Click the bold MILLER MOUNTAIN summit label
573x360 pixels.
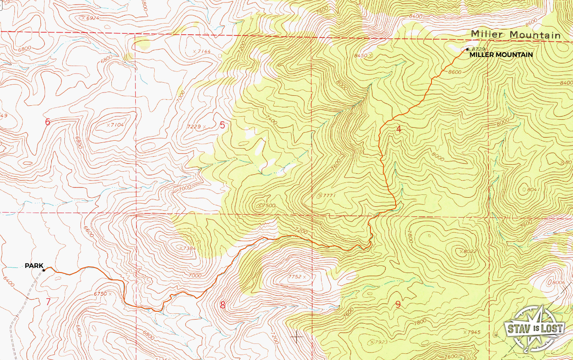501,54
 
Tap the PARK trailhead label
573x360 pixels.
34,266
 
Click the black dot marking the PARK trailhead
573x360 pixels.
44,270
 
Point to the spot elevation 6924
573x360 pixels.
92,18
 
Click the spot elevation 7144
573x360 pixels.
203,52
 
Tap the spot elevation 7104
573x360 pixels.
117,125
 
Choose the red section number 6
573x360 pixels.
47,122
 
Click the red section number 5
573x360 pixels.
222,125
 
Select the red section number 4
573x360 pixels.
398,129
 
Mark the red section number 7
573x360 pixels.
48,302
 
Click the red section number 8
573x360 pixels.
223,305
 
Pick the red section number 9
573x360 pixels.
398,305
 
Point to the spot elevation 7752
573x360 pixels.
295,277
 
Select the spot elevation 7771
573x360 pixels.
329,195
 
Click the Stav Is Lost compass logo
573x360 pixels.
535,328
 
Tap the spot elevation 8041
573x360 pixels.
533,189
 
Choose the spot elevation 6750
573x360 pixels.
100,294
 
